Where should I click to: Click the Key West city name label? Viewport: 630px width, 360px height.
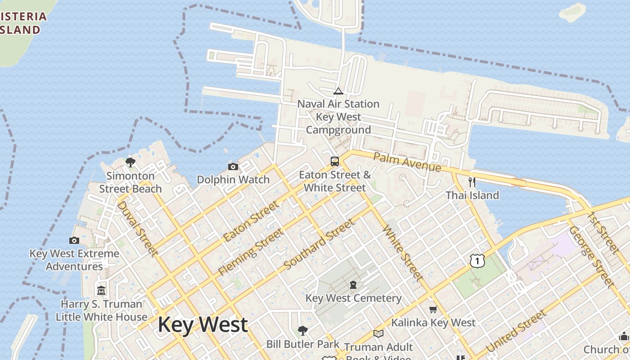point(202,325)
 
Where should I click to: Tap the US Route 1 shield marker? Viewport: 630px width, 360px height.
point(477,260)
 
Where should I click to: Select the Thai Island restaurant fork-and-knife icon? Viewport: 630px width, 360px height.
point(472,182)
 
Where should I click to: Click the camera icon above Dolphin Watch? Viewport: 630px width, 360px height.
point(233,167)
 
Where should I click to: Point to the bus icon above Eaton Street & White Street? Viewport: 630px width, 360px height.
point(335,162)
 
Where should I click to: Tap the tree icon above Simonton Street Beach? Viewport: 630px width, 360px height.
point(130,162)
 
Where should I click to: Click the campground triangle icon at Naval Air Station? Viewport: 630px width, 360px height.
point(338,91)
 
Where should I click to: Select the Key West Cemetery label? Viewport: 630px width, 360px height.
point(353,298)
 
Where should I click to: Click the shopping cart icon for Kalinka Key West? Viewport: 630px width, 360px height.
point(433,309)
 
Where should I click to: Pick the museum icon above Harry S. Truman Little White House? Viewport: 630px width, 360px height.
point(101,290)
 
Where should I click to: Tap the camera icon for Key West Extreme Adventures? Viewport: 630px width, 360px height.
point(75,241)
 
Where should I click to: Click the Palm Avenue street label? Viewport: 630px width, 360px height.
point(407,162)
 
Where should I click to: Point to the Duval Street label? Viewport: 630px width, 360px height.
point(138,229)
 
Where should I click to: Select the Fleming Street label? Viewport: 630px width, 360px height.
point(251,252)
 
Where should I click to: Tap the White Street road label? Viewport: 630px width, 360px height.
point(403,253)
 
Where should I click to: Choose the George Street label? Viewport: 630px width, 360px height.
point(591,256)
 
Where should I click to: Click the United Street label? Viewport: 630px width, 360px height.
point(516,331)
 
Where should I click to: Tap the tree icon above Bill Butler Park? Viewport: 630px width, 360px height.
point(303,331)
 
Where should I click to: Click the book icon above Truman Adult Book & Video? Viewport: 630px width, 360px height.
point(378,333)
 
